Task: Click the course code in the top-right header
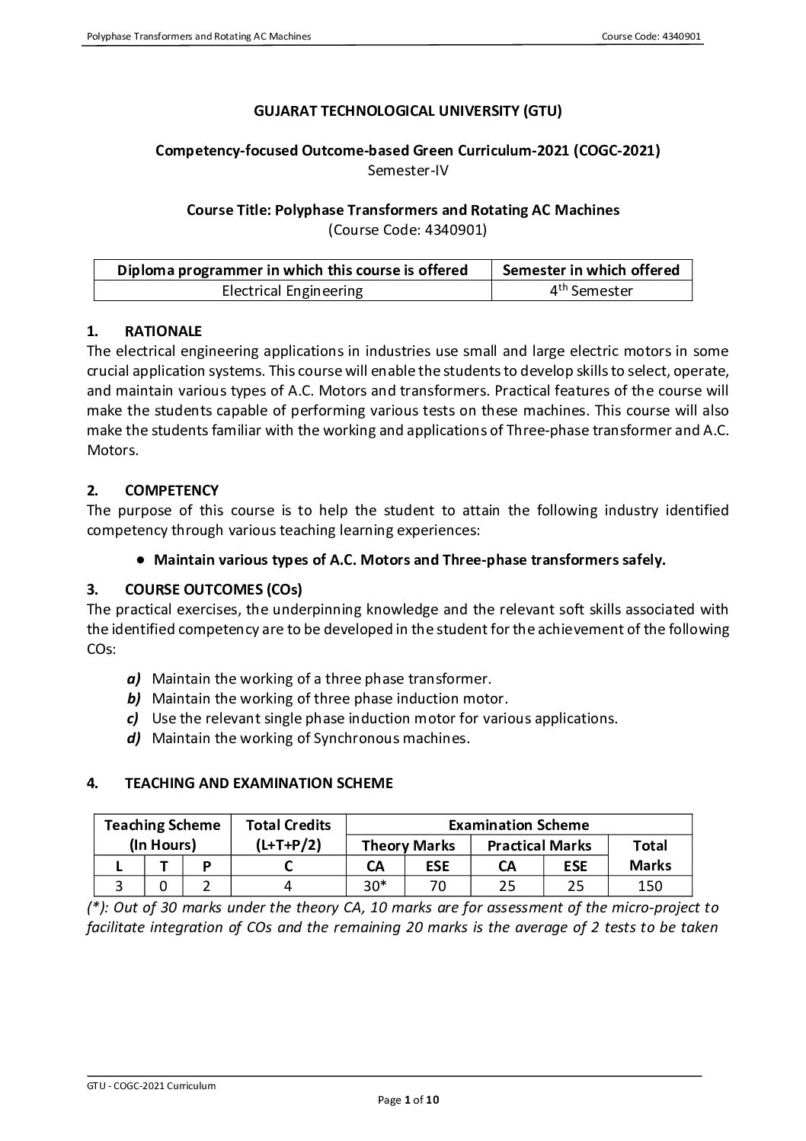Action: tap(651, 37)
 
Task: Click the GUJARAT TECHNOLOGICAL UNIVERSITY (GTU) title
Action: tap(408, 111)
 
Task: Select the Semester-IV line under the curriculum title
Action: tap(408, 170)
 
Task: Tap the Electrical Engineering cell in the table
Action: tap(293, 290)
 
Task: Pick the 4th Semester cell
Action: tap(592, 290)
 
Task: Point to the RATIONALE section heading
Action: tap(163, 331)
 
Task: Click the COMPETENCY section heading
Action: tap(171, 490)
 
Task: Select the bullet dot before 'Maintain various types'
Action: tap(142, 560)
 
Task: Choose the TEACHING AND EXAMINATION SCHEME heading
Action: tap(258, 783)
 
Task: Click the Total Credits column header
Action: tap(288, 825)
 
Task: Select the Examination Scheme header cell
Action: tap(518, 825)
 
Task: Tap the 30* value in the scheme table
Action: tap(374, 886)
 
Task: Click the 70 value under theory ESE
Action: tap(437, 886)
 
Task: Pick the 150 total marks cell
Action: tap(651, 886)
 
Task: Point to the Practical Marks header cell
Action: tap(539, 845)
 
